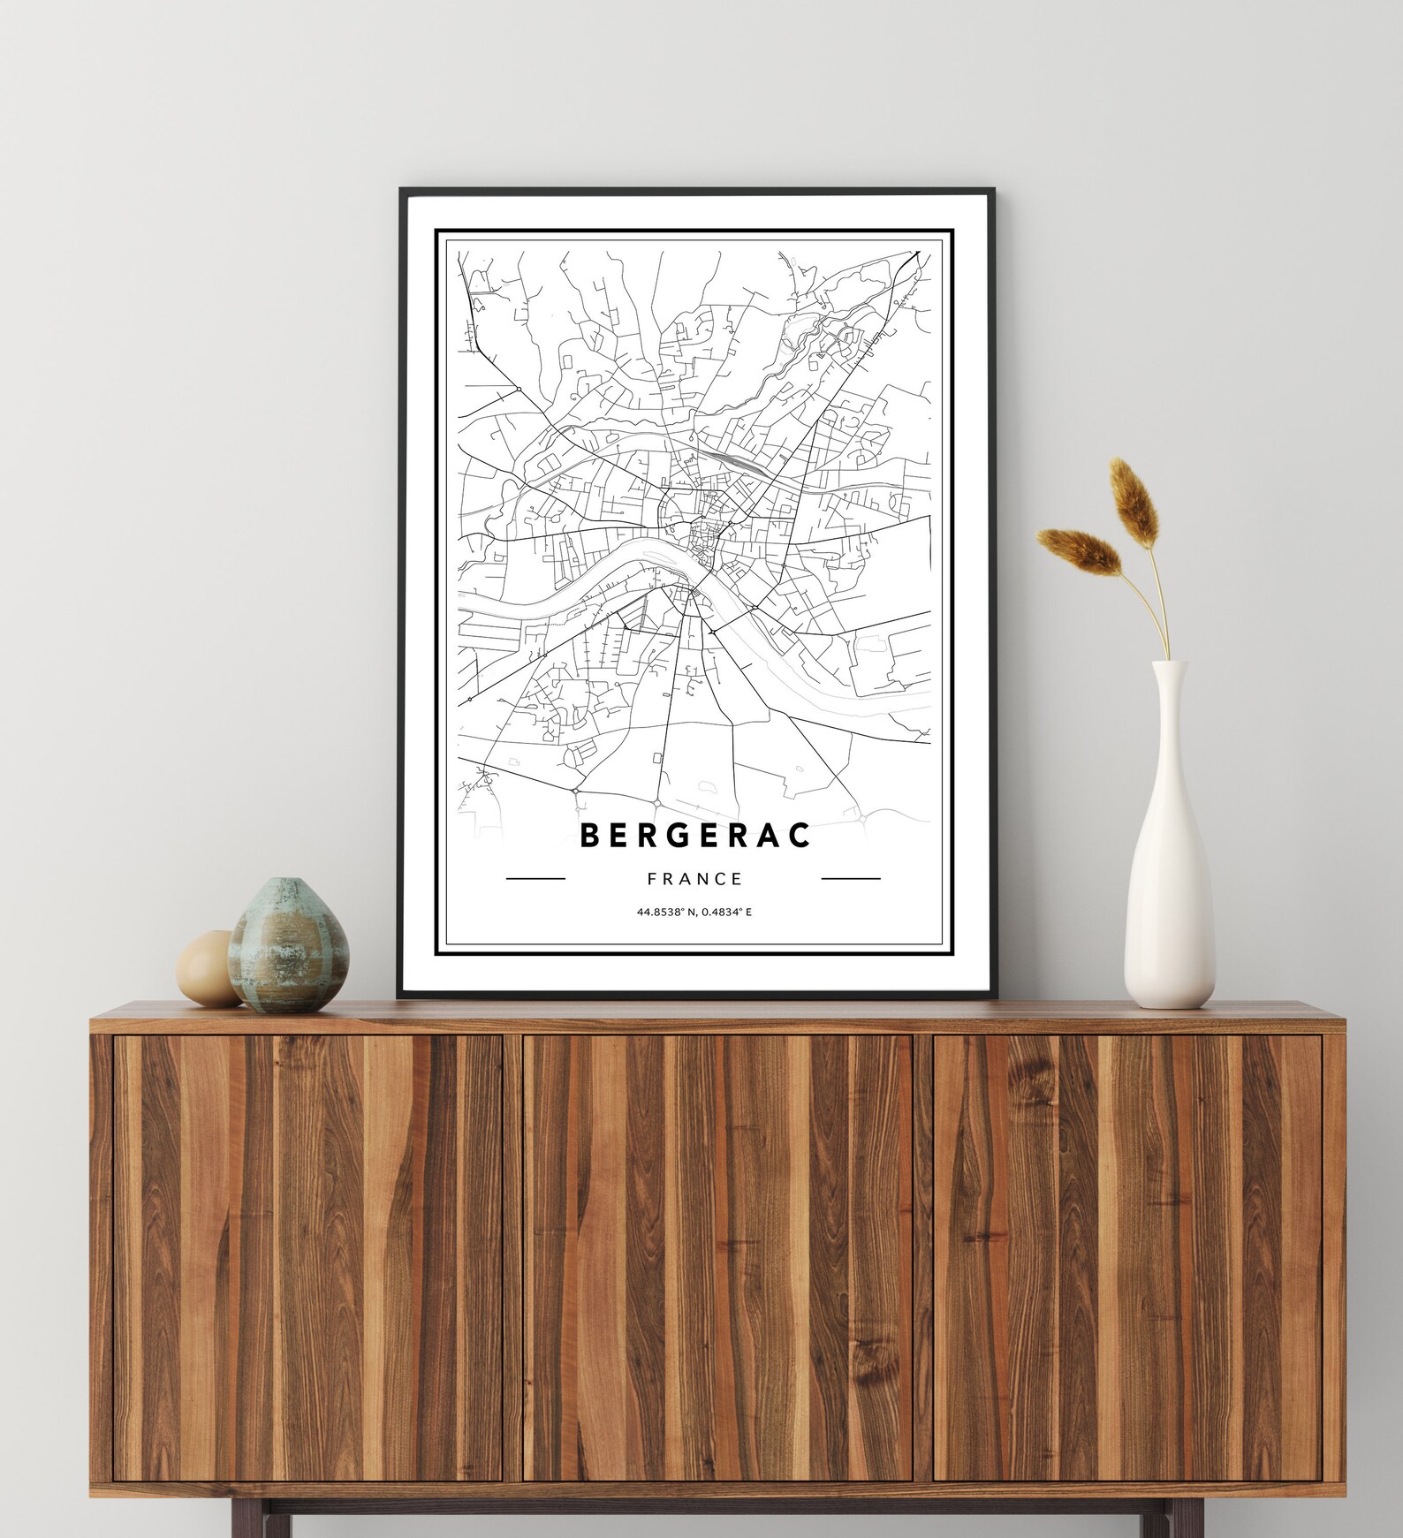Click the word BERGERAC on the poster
click(695, 835)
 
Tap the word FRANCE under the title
click(694, 879)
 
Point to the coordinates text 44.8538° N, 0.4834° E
click(694, 911)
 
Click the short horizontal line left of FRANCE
click(535, 879)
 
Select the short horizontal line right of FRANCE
click(851, 879)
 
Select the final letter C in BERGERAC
click(800, 835)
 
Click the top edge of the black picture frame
click(695, 190)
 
